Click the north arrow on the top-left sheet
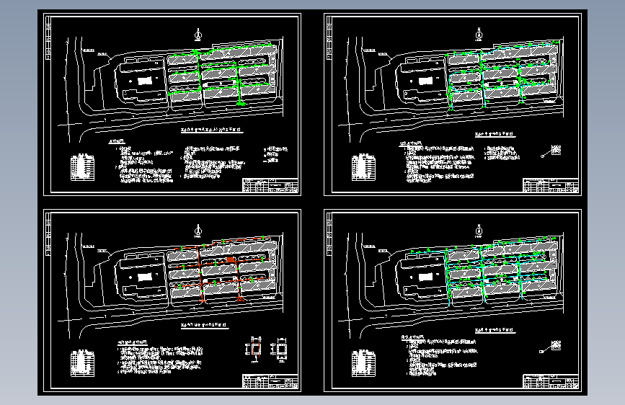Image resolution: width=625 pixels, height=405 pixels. click(198, 33)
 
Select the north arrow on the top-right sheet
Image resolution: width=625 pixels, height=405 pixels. click(479, 32)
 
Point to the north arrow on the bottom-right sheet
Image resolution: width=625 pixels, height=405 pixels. click(479, 230)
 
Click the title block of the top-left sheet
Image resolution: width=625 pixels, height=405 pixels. click(270, 185)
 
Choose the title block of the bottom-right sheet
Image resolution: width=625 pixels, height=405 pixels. click(551, 382)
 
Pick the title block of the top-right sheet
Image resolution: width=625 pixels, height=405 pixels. click(551, 185)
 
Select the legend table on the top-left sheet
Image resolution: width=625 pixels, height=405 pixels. click(81, 167)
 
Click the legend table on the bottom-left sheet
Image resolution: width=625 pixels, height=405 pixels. click(81, 363)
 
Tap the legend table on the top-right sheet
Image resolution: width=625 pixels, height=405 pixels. click(362, 167)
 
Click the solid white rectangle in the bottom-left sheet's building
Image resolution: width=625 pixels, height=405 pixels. click(146, 277)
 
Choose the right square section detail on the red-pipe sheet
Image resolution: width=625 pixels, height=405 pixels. click(280, 349)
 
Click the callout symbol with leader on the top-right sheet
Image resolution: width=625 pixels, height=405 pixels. click(554, 150)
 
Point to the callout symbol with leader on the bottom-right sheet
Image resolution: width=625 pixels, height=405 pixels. click(554, 346)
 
